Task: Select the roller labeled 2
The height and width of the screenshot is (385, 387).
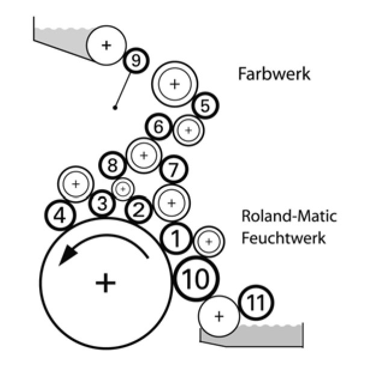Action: click(x=139, y=210)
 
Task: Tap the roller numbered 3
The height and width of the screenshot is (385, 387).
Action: click(x=102, y=204)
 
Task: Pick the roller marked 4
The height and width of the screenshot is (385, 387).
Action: click(x=60, y=215)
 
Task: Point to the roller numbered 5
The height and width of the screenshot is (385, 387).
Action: click(x=205, y=106)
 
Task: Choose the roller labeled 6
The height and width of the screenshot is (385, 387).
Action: click(x=159, y=127)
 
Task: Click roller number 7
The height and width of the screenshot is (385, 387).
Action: click(x=173, y=169)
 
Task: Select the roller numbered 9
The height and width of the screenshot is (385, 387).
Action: click(x=135, y=59)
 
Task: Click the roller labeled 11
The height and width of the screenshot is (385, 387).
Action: click(x=256, y=304)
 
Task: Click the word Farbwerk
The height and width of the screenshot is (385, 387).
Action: click(x=274, y=74)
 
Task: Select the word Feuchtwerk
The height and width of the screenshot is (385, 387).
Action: click(x=283, y=238)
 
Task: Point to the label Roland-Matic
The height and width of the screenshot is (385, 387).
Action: click(x=289, y=216)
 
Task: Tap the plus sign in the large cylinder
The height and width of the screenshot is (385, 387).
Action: click(x=105, y=282)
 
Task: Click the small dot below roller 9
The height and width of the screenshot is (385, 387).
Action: click(x=114, y=108)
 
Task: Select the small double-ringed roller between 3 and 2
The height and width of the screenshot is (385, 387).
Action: click(x=123, y=189)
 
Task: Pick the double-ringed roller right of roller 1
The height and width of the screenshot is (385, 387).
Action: click(x=209, y=241)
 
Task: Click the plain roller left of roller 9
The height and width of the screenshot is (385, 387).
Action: click(x=107, y=45)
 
